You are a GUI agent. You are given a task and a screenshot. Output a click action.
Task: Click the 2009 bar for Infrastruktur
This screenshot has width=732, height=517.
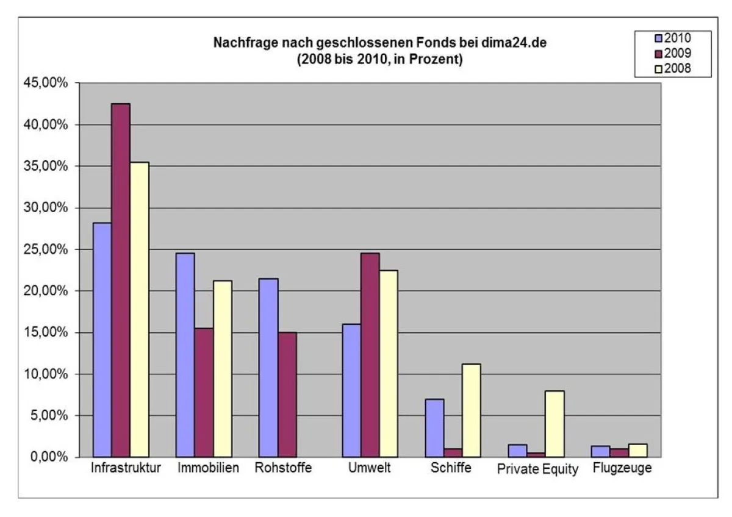121,280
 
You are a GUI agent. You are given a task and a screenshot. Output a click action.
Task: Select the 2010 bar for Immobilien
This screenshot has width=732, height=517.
185,355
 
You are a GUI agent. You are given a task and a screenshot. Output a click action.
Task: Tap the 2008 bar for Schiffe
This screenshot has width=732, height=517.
471,410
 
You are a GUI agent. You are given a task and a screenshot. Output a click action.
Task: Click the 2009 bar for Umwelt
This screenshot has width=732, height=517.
370,355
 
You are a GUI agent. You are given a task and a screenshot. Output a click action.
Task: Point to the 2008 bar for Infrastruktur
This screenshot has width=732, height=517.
140,310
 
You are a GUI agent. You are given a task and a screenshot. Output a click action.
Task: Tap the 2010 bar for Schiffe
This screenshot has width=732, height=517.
434,428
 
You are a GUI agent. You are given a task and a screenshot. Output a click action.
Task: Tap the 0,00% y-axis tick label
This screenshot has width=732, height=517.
51,457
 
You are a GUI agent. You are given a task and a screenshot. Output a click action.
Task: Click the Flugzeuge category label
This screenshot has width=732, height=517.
622,468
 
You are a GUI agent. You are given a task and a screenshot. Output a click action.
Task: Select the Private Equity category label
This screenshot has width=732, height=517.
537,469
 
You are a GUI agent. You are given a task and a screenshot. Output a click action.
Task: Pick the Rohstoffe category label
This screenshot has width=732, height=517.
283,468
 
